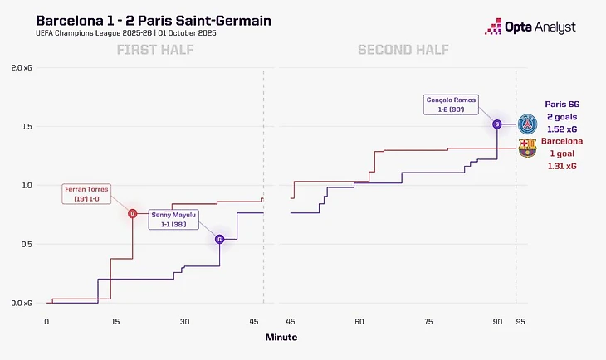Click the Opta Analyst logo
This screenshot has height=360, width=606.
pos(530,27)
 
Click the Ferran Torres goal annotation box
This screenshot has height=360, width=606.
pos(87,194)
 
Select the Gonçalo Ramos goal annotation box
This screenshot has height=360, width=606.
pos(448,105)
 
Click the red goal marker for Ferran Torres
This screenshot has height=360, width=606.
pos(132,213)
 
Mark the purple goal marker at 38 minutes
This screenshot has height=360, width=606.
pos(220,239)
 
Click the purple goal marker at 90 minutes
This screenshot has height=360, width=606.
pos(497,124)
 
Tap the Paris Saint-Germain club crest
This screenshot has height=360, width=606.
pos(527,124)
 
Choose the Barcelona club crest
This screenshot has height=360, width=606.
pos(527,148)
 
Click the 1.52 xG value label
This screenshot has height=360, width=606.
pos(562,129)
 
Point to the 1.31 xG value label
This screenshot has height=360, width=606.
pos(562,166)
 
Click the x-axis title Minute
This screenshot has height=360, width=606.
pos(281,338)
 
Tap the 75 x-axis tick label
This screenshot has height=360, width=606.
pos(428,321)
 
